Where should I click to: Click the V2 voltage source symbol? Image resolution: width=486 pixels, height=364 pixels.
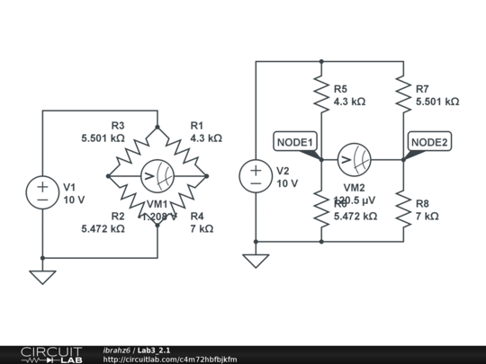[x=256, y=175]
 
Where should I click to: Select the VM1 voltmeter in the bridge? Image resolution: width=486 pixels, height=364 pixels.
[x=157, y=175]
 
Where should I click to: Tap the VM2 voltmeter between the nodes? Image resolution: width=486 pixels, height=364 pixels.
[x=354, y=160]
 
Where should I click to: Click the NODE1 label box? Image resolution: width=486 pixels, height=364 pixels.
[x=294, y=142]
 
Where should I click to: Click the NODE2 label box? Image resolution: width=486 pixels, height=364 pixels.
[x=429, y=142]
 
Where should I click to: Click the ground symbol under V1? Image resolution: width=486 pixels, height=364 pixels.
[x=43, y=277]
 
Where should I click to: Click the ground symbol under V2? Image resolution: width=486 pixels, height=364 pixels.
[x=256, y=261]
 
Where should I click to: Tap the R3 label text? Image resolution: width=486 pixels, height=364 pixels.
[x=118, y=126]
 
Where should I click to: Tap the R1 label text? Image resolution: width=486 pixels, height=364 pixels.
[x=197, y=126]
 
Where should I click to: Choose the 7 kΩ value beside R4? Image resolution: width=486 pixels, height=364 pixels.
[x=202, y=229]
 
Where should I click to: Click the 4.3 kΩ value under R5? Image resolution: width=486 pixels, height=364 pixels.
[x=350, y=102]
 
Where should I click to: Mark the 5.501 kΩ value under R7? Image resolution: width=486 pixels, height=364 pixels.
[x=436, y=102]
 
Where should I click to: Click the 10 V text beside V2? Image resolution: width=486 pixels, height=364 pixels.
[x=287, y=183]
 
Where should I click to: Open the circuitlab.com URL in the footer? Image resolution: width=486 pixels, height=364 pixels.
[x=170, y=360]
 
